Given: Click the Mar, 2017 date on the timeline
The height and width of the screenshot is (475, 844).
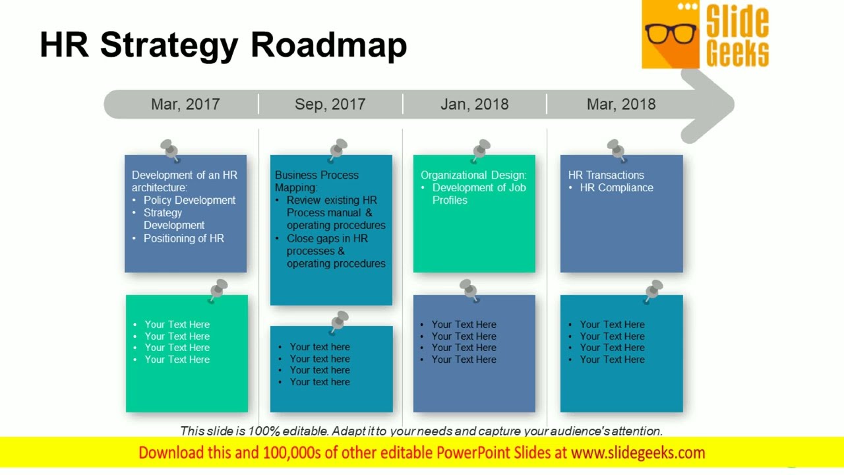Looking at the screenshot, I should tap(185, 104).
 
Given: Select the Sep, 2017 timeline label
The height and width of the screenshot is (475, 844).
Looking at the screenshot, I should tap(330, 104).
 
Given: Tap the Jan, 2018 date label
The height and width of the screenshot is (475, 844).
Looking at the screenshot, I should tap(474, 104).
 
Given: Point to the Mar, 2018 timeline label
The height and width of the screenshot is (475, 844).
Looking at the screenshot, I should tap(621, 104).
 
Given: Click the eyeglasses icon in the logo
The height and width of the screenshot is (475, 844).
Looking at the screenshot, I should tap(671, 33).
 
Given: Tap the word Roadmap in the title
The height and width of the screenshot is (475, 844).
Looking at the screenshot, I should tap(328, 45).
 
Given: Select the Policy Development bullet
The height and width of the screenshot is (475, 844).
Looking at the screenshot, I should tap(189, 200).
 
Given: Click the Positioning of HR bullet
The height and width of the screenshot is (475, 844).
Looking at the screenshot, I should tap(184, 238).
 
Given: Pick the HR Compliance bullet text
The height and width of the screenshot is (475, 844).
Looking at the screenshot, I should tap(617, 187).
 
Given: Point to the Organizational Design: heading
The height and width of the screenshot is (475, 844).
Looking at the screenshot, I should tap(473, 175).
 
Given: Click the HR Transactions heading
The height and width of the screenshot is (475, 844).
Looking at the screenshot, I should tap(606, 175).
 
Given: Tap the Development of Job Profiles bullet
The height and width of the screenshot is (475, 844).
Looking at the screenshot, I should tap(479, 193).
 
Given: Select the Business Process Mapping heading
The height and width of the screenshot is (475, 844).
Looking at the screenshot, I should tap(316, 181).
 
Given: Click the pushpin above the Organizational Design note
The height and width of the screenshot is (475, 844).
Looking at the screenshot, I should tap(481, 150).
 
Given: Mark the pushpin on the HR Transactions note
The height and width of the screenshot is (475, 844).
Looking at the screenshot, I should tap(617, 150).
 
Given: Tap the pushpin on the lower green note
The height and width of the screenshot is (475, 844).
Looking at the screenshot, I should tap(218, 290).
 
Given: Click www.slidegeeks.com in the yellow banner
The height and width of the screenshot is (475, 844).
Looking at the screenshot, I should tap(638, 453).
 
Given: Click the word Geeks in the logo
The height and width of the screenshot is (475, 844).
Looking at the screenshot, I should tap(737, 53).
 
